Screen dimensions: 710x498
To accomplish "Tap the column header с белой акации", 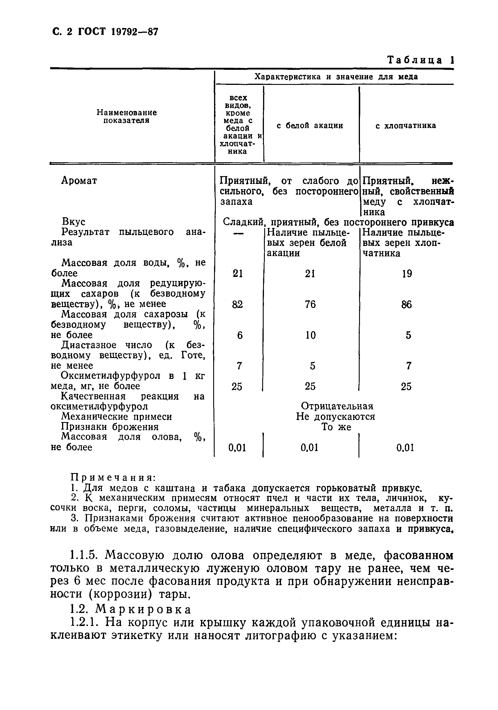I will click(310, 125).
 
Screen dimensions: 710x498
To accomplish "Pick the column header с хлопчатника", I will click(406, 125).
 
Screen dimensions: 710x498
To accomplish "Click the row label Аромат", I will click(79, 180).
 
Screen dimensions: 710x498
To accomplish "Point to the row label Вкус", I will click(73, 222).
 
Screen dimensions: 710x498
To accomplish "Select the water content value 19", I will click(407, 274).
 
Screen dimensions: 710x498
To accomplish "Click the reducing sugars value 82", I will click(238, 304).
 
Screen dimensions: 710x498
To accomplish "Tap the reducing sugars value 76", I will click(310, 304).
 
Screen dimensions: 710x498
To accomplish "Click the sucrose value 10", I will click(310, 335).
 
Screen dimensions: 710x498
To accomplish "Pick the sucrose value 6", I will click(240, 335).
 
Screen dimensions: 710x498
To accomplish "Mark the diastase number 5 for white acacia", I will click(312, 366).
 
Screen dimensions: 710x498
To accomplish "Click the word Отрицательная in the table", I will click(337, 406).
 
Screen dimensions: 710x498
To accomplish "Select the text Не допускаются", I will click(335, 417).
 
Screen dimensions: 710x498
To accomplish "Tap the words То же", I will click(336, 427).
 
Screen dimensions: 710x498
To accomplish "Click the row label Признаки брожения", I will click(110, 427).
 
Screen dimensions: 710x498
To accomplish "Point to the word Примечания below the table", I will click(113, 478).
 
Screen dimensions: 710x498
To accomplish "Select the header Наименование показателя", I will click(126, 116).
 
